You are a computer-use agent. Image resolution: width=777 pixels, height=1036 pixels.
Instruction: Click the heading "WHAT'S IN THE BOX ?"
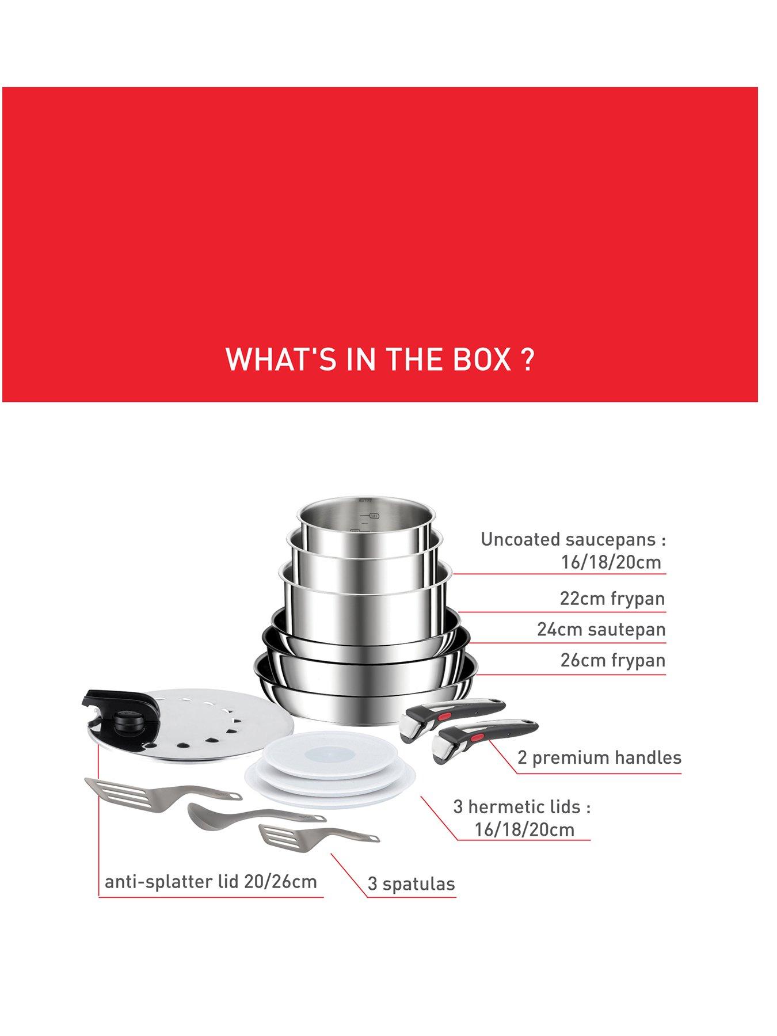[379, 359]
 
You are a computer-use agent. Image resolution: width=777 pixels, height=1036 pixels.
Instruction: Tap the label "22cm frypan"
[612, 599]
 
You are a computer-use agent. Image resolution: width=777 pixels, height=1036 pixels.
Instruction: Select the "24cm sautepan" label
[601, 629]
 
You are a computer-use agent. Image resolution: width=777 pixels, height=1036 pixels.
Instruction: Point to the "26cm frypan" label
[613, 660]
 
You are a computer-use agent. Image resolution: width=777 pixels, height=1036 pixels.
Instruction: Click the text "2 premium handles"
[599, 757]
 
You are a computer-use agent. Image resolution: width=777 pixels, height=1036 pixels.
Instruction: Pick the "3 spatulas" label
[411, 883]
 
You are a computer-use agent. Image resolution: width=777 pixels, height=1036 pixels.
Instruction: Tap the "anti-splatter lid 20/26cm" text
[211, 881]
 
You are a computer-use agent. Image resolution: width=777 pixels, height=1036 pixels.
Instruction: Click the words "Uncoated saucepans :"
[573, 539]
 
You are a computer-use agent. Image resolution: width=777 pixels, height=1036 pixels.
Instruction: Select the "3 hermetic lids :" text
[522, 806]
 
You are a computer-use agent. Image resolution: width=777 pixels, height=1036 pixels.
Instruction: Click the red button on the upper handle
[444, 717]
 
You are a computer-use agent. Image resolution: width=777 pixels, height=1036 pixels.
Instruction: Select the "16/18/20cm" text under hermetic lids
[524, 829]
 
